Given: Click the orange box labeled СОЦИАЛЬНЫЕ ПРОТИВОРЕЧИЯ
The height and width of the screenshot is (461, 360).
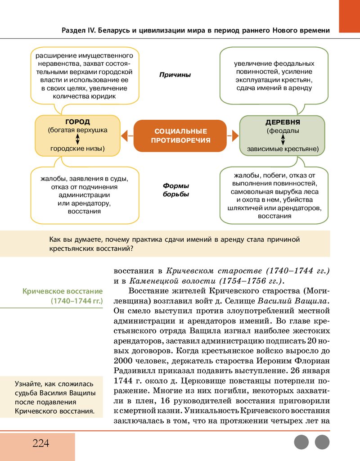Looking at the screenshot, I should point(180,136).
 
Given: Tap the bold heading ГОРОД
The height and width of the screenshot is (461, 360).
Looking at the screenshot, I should point(77,122).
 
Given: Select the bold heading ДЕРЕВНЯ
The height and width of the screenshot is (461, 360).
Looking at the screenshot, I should point(283,122).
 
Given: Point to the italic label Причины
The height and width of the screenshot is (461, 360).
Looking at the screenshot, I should point(175,75).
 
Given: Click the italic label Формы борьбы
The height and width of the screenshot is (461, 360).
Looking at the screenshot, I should point(175,190).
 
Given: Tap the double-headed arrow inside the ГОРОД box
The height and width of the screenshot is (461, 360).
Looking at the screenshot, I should point(77,139).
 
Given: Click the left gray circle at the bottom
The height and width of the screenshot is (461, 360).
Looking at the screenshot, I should point(301,442).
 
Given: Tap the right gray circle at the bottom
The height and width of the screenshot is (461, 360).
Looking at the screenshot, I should point(322,442).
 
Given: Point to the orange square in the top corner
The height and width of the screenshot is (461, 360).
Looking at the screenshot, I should point(349,16).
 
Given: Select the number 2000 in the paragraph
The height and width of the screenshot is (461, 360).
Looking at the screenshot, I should point(123,361).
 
